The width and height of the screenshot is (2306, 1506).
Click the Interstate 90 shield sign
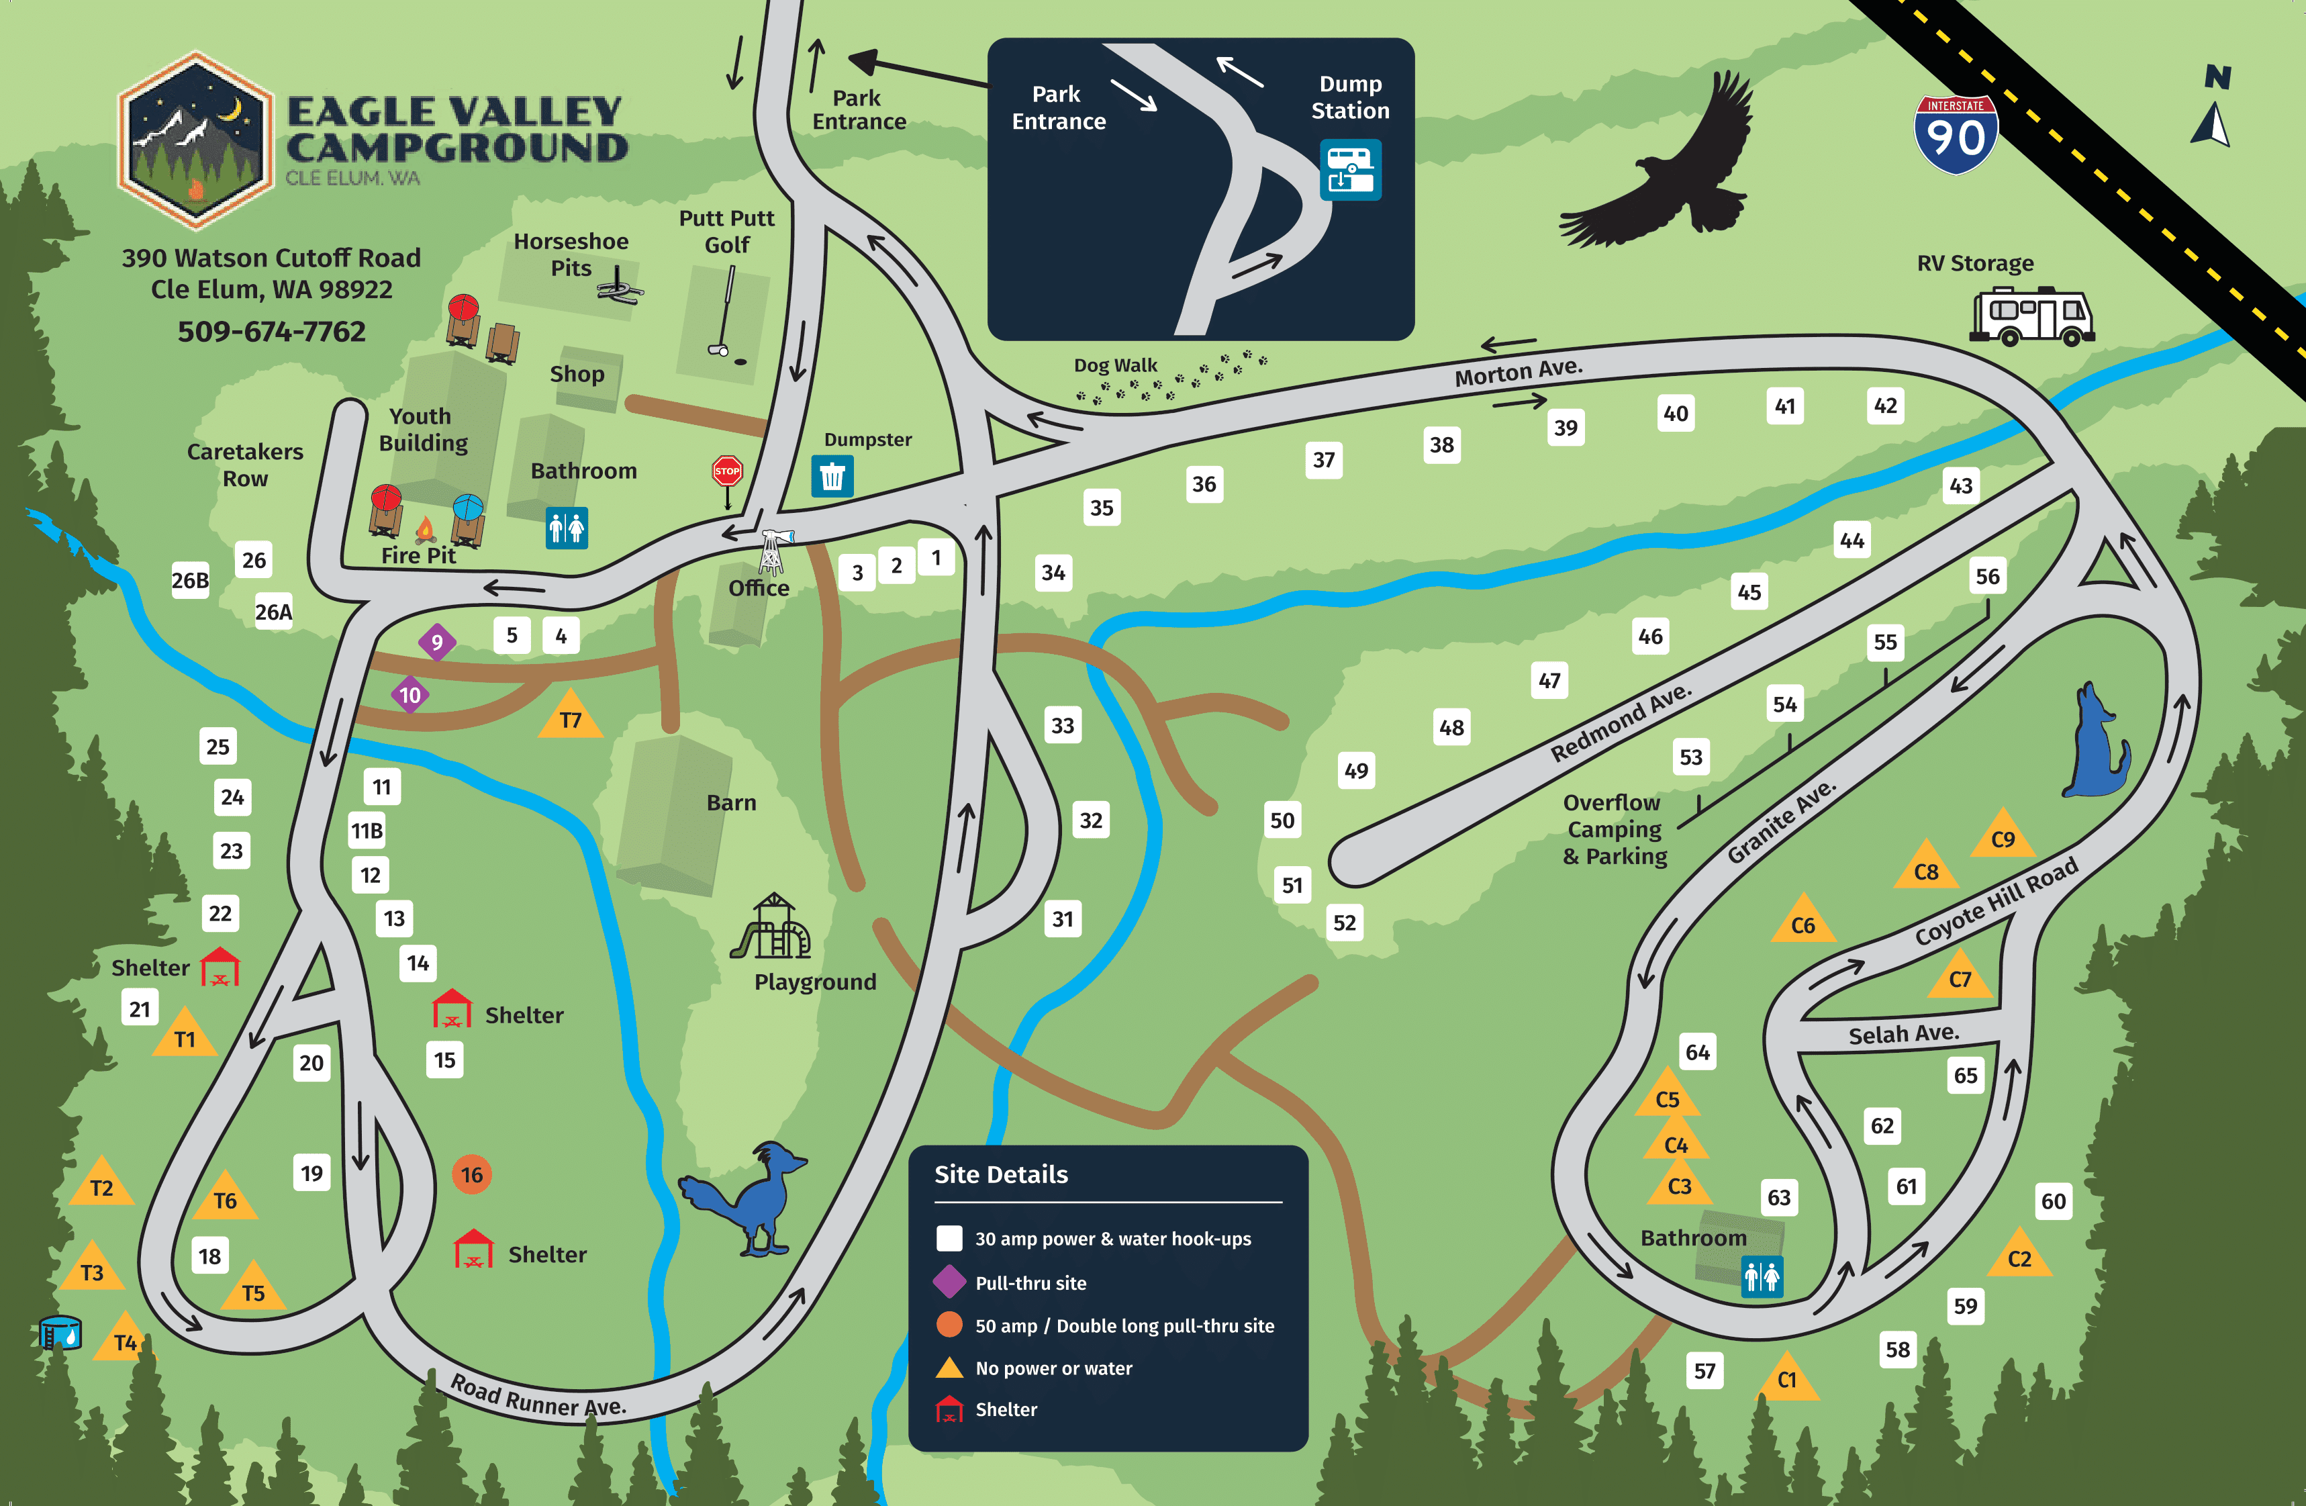tap(1956, 135)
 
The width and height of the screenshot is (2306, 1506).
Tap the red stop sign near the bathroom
tap(726, 472)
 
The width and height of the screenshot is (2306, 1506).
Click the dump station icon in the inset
tap(1349, 171)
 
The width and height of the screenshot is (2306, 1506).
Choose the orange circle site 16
tap(471, 1174)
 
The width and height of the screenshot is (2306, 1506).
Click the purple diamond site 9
tap(437, 642)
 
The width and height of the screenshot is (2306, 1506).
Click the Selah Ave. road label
tap(1903, 1034)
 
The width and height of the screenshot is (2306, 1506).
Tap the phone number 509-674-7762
tap(271, 332)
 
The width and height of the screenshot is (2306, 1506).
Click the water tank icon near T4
tap(60, 1333)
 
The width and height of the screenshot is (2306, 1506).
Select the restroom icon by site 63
tap(1762, 1277)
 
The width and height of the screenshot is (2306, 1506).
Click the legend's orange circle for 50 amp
tap(949, 1325)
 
